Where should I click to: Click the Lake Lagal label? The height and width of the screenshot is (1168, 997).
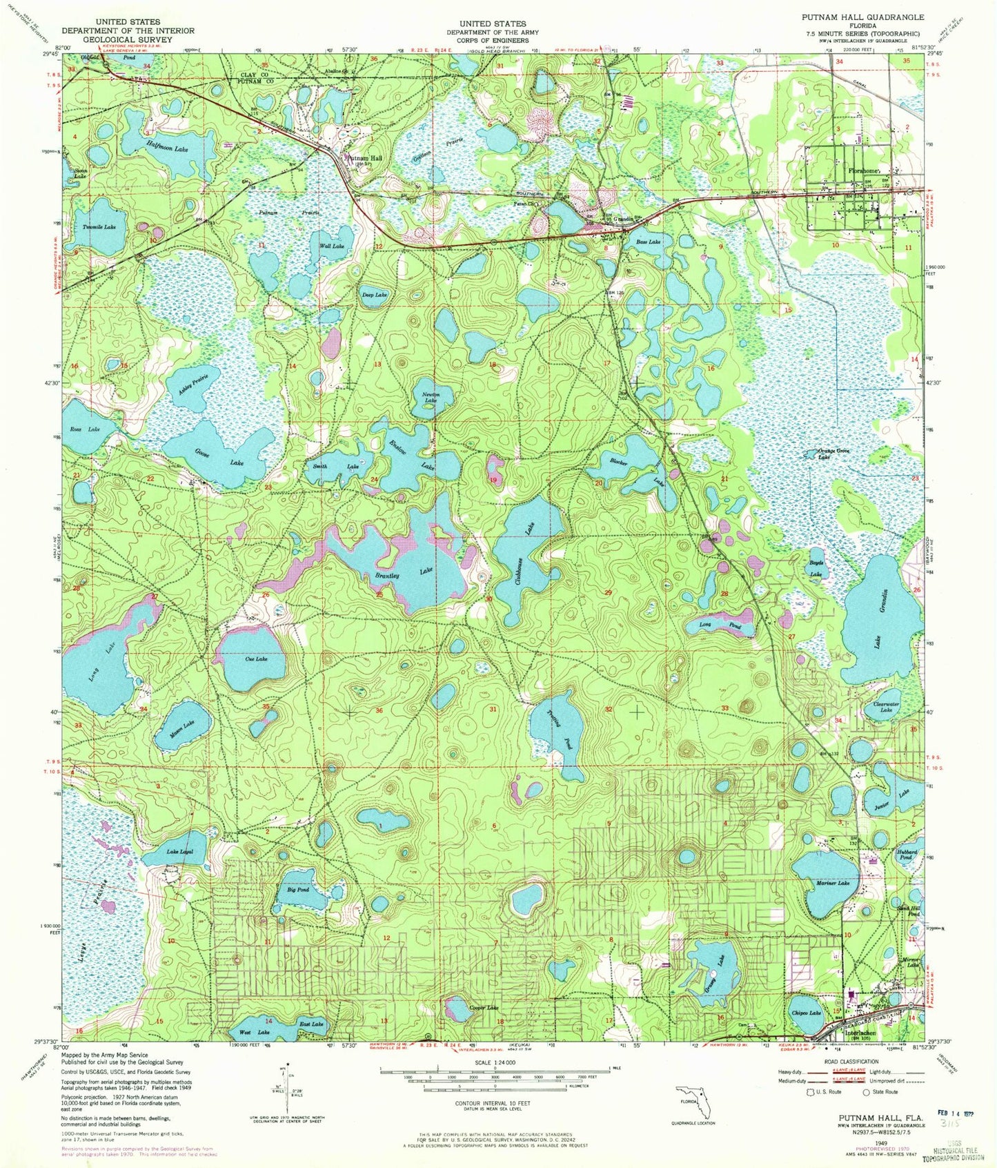click(179, 853)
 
